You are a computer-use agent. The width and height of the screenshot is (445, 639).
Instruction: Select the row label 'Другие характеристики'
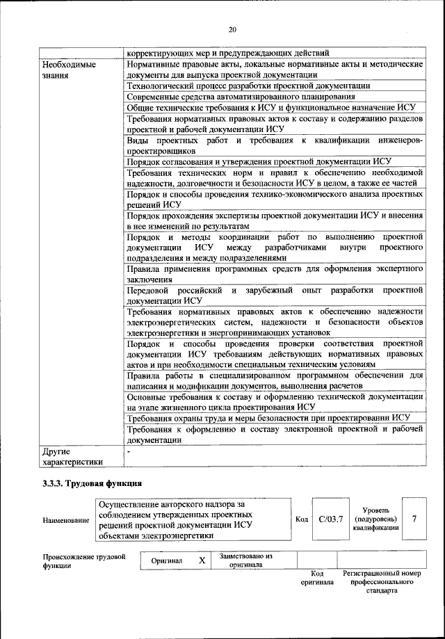pos(72,455)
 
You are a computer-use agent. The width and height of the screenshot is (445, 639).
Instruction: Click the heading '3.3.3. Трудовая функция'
pos(92,483)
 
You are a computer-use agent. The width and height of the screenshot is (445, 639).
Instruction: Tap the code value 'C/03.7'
pos(331,519)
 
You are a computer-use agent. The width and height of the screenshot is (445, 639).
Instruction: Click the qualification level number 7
pos(414,519)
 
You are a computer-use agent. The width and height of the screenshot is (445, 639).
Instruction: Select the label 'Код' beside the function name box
pos(302,519)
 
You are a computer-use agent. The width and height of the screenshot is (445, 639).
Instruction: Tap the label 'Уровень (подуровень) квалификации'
pos(375,519)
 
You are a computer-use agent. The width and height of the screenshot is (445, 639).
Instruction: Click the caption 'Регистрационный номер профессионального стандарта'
pos(382,581)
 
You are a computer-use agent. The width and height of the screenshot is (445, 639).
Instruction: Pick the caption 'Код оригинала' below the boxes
pos(317,577)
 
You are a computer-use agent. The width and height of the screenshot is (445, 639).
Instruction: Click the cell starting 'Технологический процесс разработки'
pos(248,86)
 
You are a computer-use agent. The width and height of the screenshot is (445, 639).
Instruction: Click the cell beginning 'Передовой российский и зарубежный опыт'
pos(275,295)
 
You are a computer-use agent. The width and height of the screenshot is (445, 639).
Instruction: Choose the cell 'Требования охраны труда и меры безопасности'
pos(268,417)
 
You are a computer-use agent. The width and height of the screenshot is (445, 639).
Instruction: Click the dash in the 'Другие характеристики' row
pos(129,451)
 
